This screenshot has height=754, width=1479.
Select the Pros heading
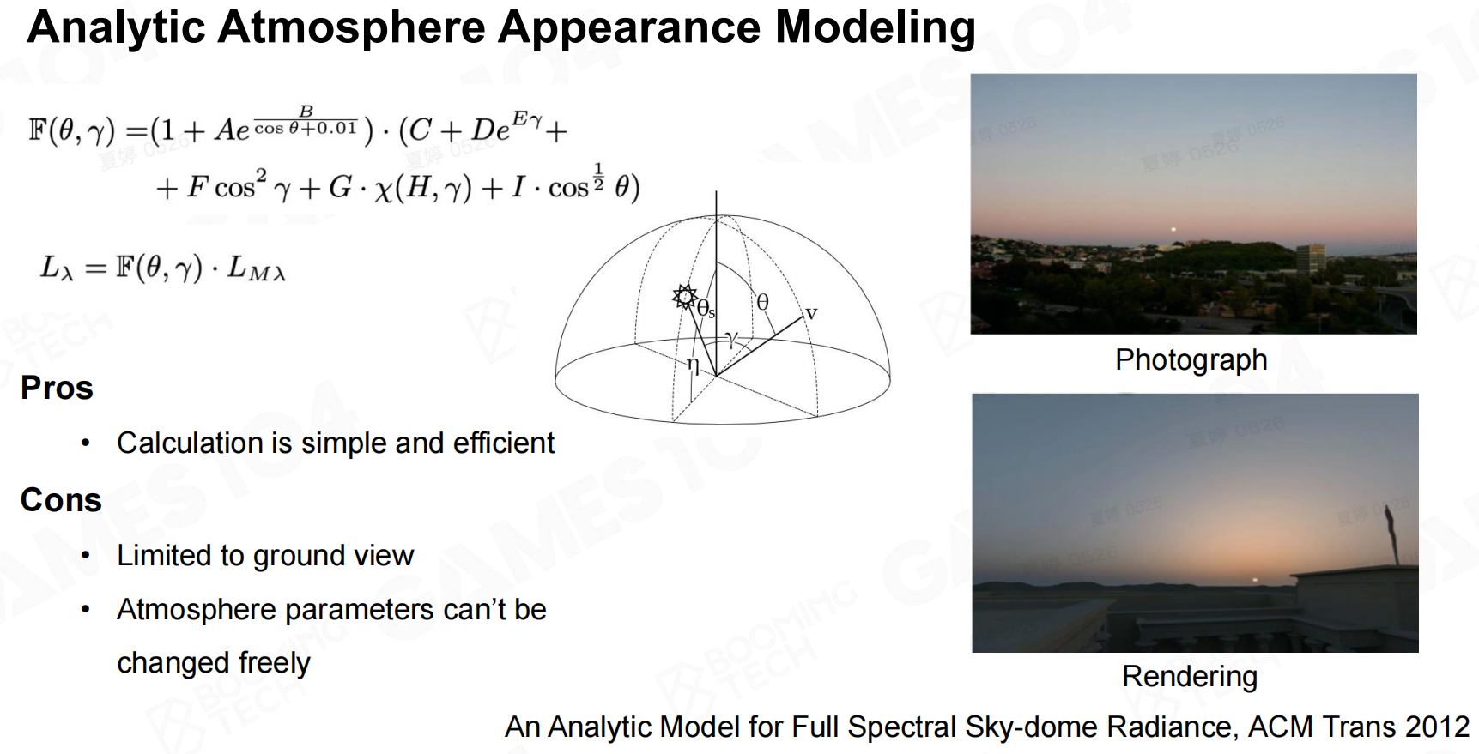tap(57, 388)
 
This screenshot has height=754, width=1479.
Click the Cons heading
tap(61, 500)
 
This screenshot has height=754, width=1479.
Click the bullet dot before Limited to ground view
tap(85, 556)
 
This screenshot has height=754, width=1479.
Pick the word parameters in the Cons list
tap(360, 610)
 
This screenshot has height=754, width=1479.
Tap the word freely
tap(275, 663)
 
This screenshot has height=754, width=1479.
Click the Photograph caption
tap(1191, 360)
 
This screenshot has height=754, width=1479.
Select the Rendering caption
tap(1190, 677)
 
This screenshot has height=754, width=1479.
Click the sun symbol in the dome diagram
tap(684, 297)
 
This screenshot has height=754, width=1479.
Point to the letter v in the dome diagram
tap(811, 313)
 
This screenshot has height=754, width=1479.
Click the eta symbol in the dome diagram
tap(693, 366)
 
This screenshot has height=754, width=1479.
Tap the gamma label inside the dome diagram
tap(730, 339)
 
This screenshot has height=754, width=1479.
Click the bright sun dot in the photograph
tap(1173, 229)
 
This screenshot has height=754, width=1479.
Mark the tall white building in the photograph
tap(1310, 257)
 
